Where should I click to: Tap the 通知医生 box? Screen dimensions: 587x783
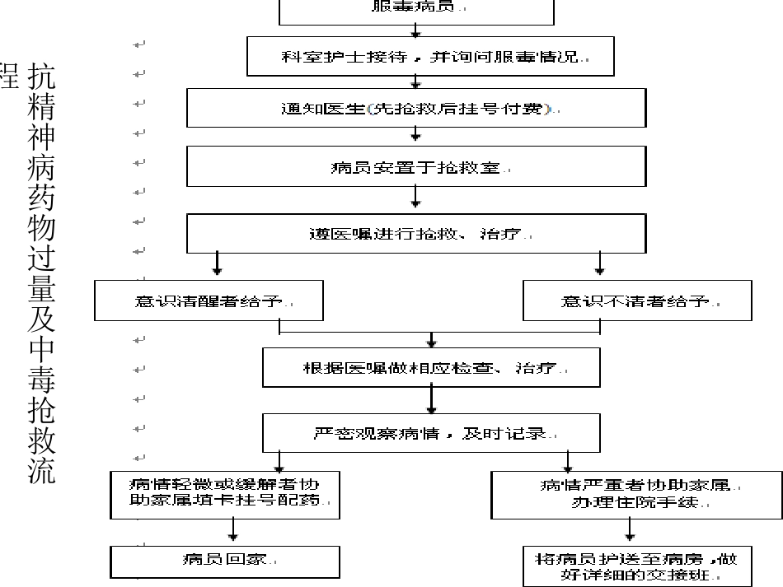(x=416, y=108)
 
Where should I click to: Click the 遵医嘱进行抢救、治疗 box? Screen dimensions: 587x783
(x=416, y=233)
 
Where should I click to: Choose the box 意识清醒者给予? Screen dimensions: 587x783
(x=209, y=300)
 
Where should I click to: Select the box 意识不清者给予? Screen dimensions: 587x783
(x=637, y=300)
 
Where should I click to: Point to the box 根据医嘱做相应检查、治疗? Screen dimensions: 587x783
(x=431, y=367)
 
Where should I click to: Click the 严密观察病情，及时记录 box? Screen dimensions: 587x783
(x=431, y=432)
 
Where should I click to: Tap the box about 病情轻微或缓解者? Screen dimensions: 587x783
(x=225, y=493)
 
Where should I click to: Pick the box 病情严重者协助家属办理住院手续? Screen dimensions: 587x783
(x=635, y=493)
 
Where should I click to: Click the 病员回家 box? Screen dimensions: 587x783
(x=225, y=561)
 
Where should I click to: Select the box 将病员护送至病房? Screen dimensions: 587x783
(x=635, y=566)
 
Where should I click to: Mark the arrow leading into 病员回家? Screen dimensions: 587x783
(x=235, y=531)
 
